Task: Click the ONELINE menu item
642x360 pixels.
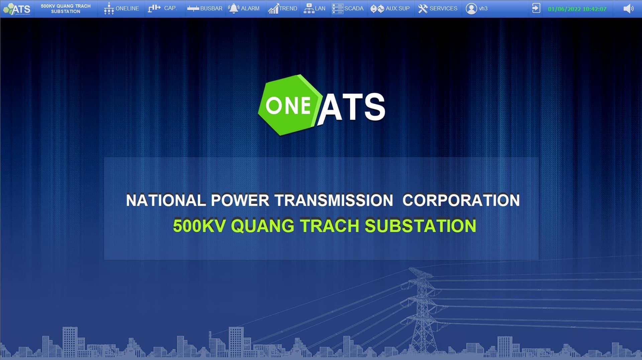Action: [121, 9]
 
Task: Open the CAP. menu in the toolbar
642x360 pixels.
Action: [162, 8]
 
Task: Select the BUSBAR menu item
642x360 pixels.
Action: [205, 9]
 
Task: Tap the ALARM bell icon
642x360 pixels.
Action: [233, 9]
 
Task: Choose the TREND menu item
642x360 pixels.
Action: [283, 9]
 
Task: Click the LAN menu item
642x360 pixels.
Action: [314, 9]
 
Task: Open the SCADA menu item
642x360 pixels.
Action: [347, 9]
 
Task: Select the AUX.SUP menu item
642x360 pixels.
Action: [390, 9]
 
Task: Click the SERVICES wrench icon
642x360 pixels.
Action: [423, 9]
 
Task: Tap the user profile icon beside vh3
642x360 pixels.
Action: [471, 9]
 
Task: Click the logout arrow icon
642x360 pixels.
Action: [536, 8]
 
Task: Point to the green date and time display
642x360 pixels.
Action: [577, 9]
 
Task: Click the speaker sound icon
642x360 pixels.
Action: [628, 9]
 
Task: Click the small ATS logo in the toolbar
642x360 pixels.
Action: [17, 9]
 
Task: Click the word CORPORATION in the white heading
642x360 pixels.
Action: [461, 201]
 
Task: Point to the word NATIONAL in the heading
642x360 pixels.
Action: [166, 201]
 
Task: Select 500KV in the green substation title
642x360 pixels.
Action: [200, 226]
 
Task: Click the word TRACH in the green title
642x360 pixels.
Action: [329, 226]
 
